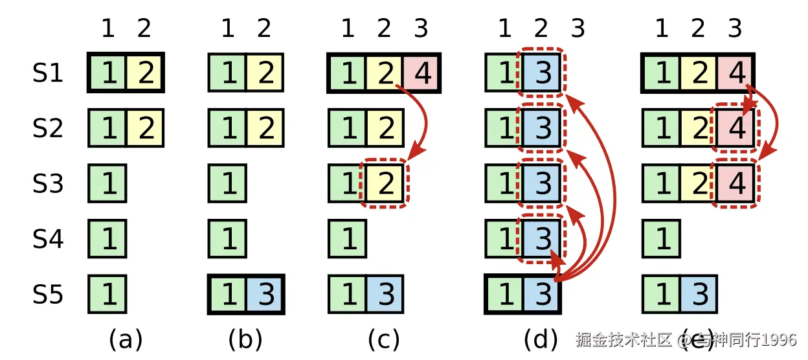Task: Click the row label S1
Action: click(x=49, y=73)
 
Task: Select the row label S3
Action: click(x=49, y=184)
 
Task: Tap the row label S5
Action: click(x=49, y=295)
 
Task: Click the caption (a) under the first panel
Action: click(x=126, y=339)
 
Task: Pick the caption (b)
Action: click(x=246, y=339)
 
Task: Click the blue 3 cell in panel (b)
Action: click(x=264, y=295)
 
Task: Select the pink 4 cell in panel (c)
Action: click(x=421, y=74)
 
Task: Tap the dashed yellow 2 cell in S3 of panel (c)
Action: click(x=385, y=184)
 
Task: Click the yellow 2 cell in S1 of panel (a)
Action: click(x=144, y=73)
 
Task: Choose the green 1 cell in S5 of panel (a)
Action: click(x=107, y=295)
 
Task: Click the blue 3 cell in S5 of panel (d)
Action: click(x=542, y=295)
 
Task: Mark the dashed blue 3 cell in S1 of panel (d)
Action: click(x=542, y=73)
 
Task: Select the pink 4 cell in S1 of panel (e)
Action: click(x=736, y=73)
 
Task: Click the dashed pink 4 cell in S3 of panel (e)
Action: click(x=736, y=184)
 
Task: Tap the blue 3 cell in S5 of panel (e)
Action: click(x=698, y=295)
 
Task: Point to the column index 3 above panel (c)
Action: click(x=421, y=28)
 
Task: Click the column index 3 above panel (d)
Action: click(x=578, y=28)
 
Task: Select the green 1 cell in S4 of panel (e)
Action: click(x=662, y=239)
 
